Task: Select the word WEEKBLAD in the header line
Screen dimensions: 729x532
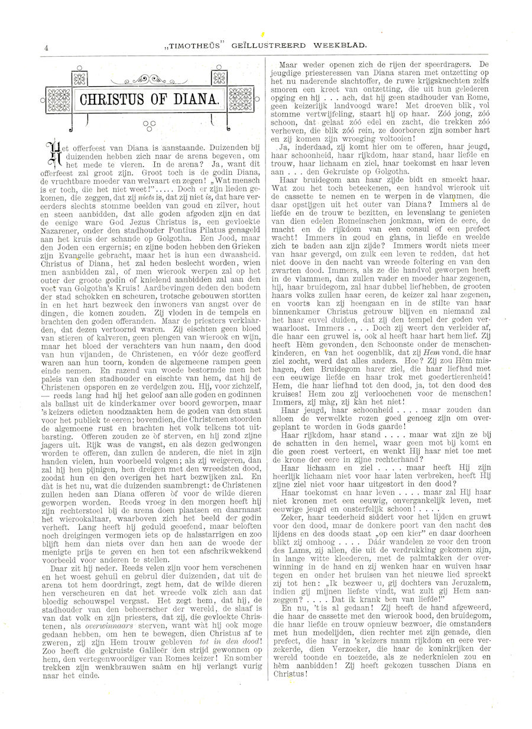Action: (343, 44)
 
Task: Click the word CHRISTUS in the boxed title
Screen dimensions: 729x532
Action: (115, 99)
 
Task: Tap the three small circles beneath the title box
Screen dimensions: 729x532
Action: (148, 125)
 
